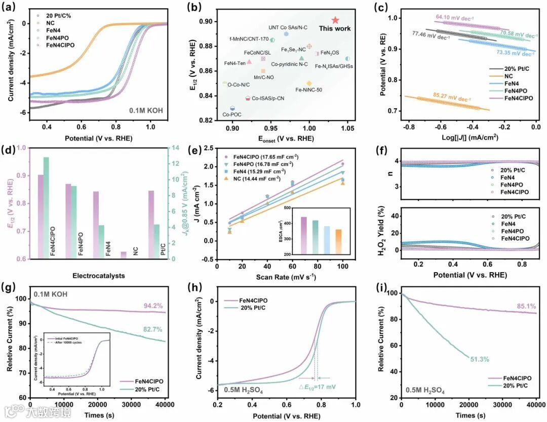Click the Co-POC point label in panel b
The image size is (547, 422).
coord(231,115)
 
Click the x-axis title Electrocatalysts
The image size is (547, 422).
coord(99,276)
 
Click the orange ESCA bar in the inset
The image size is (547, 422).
coord(324,237)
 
